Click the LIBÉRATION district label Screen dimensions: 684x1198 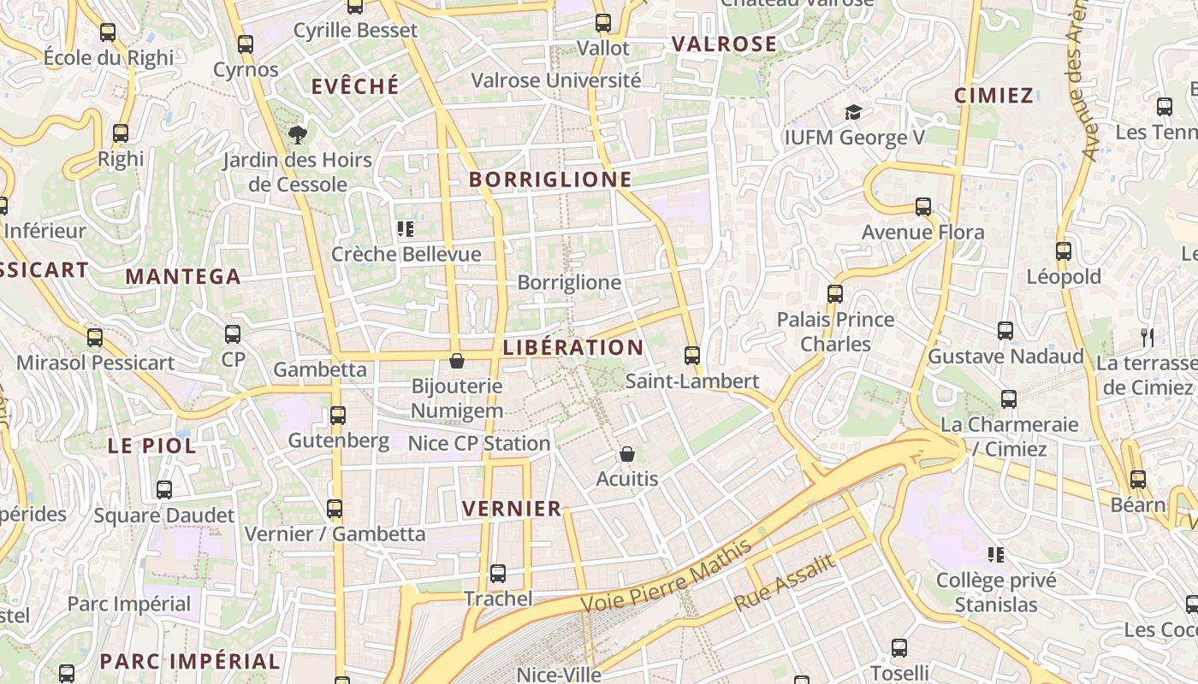572,348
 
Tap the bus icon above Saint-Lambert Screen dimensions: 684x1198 692,355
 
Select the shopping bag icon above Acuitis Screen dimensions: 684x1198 627,454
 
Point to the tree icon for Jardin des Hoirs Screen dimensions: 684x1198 297,134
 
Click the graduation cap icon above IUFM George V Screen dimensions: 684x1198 853,112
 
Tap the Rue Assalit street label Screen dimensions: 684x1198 784,582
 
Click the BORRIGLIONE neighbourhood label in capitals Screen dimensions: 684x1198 550,180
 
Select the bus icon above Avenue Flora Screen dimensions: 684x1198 922,206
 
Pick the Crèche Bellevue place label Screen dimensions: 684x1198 406,254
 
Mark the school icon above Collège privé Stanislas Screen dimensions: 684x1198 995,555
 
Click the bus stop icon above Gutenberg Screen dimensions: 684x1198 338,416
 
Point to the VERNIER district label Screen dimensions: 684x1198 512,509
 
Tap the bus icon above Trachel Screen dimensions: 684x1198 497,573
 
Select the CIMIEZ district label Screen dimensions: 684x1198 993,95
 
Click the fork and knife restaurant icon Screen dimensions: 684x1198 1147,337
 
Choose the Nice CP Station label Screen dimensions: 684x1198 478,443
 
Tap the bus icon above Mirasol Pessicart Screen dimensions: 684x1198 94,337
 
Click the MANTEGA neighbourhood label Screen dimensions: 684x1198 183,276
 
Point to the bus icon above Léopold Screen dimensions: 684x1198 1063,251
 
